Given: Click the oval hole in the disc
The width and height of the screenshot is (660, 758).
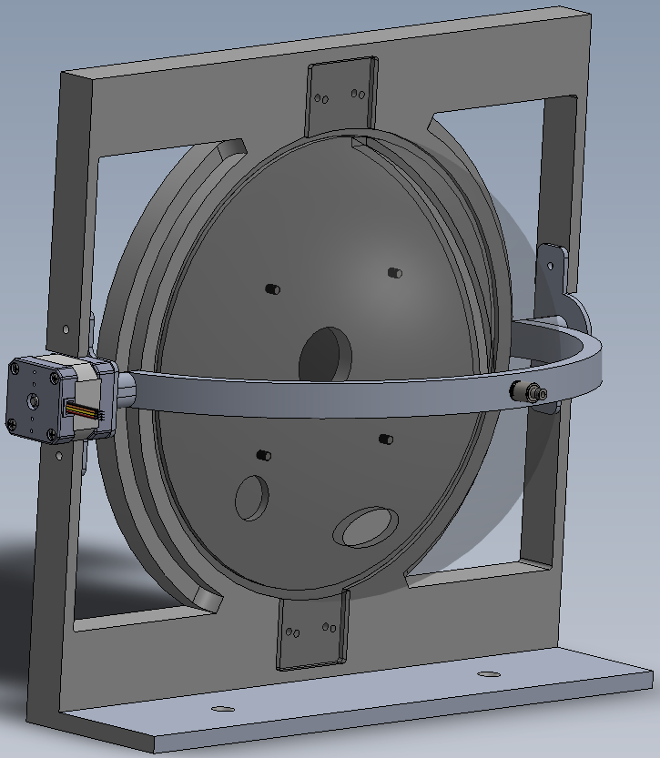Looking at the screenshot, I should [366, 526].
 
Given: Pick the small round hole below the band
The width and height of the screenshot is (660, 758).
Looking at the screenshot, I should [251, 498].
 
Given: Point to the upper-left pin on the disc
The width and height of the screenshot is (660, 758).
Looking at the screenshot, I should [270, 288].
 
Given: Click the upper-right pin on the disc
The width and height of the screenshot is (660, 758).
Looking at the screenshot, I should [394, 272].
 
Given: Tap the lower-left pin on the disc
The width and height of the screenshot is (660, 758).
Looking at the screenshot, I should [264, 454].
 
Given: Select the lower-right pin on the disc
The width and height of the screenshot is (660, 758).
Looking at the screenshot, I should [385, 439].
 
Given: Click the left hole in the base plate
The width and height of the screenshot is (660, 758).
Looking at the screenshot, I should [217, 708].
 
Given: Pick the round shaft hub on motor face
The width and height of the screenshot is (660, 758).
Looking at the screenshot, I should [32, 400].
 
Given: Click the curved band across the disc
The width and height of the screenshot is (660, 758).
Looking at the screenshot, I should [364, 393].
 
